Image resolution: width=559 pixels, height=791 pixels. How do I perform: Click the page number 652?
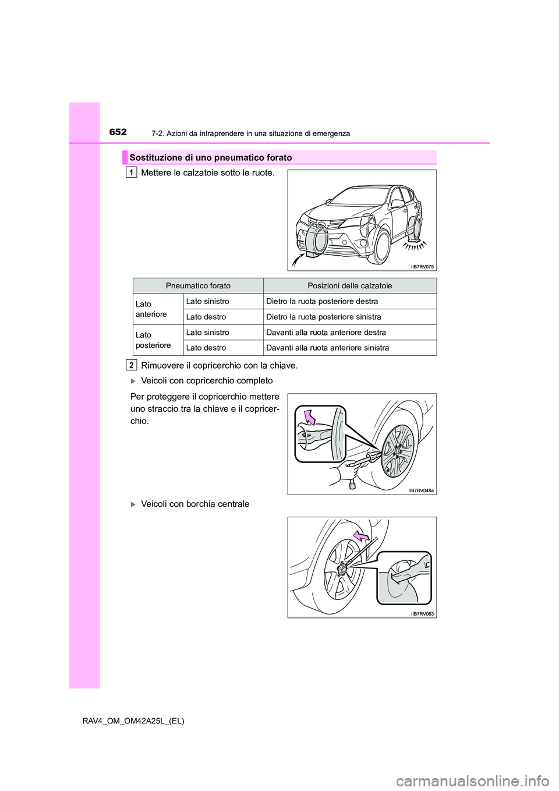[x=118, y=132]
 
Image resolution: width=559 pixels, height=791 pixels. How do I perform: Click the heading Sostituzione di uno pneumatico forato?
[x=211, y=158]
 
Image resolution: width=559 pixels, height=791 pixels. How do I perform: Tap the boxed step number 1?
[x=132, y=172]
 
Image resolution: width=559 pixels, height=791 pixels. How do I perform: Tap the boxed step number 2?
[x=132, y=365]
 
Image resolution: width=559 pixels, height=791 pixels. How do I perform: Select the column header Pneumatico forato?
[x=198, y=286]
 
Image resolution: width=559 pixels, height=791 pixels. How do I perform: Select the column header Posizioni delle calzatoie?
[x=349, y=286]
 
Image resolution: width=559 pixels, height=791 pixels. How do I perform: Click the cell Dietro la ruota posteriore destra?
[x=322, y=302]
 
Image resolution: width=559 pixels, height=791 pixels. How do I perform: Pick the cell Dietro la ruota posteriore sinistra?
[x=324, y=317]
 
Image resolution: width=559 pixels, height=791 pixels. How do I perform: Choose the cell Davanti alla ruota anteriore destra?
[x=326, y=333]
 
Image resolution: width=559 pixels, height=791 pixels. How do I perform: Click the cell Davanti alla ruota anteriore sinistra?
[x=328, y=348]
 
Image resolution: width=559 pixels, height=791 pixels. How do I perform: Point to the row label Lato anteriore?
[x=151, y=309]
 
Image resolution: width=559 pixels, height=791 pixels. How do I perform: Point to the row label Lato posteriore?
[x=153, y=340]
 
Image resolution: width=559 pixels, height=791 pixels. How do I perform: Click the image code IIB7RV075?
[x=422, y=267]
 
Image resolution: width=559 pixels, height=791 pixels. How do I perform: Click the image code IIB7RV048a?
[x=421, y=490]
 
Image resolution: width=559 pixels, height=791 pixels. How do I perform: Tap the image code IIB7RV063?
[x=422, y=614]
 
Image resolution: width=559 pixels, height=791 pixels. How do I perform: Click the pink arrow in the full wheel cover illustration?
[x=309, y=417]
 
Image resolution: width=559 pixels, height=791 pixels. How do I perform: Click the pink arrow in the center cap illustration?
[x=360, y=535]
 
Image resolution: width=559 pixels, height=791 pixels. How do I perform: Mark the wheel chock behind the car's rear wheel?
[x=415, y=236]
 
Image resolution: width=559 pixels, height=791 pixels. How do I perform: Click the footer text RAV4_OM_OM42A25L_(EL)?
[x=133, y=721]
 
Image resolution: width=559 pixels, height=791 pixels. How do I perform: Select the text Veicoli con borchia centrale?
[x=195, y=504]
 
